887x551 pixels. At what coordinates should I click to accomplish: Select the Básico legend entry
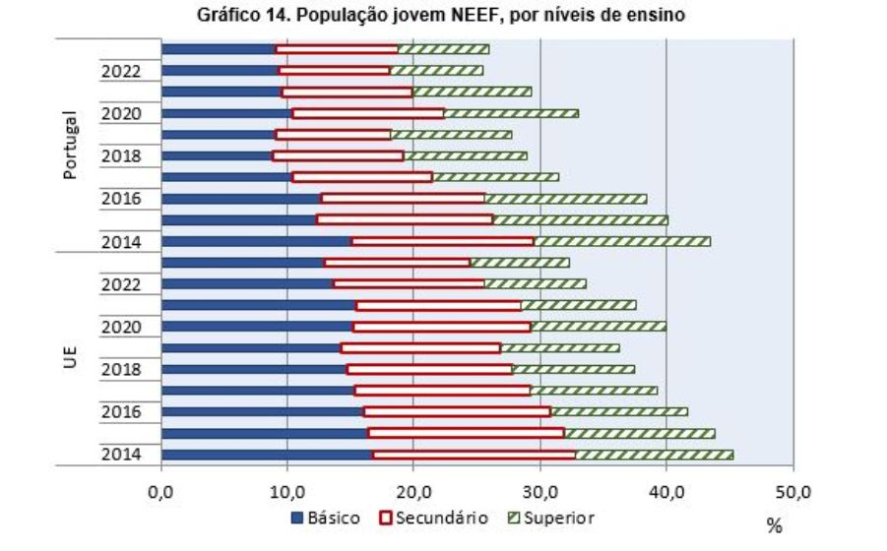pyautogui.click(x=325, y=518)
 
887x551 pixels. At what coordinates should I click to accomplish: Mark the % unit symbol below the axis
pyautogui.click(x=775, y=527)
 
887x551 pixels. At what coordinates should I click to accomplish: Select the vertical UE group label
pyautogui.click(x=70, y=358)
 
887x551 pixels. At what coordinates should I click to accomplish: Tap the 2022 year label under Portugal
pyautogui.click(x=120, y=71)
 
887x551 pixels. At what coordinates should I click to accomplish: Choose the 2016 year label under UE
pyautogui.click(x=120, y=411)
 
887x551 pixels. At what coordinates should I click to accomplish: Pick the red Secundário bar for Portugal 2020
pyautogui.click(x=368, y=113)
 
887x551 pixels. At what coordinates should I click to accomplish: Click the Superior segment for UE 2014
pyautogui.click(x=654, y=455)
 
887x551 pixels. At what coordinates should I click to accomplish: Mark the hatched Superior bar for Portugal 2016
pyautogui.click(x=566, y=199)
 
